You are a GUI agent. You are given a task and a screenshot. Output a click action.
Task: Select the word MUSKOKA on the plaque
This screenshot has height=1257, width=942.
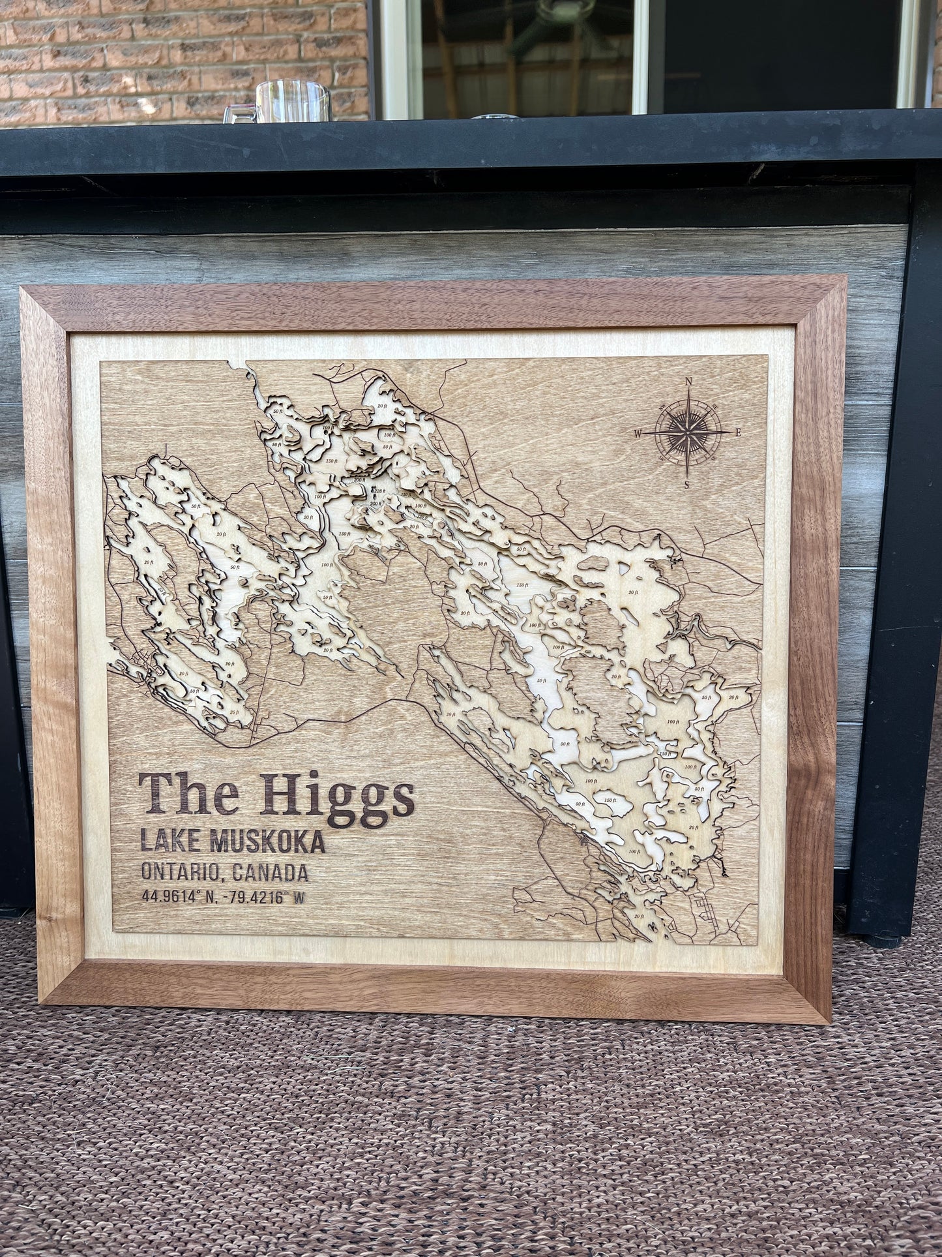[267, 842]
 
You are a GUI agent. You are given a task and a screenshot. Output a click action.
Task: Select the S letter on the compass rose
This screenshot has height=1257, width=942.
[686, 483]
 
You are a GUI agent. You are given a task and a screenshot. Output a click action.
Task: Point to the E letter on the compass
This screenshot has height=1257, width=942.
[737, 432]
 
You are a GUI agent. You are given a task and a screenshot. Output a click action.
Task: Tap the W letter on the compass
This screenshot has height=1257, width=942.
[638, 432]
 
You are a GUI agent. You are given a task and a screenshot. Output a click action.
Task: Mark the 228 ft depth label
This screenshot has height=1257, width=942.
[377, 491]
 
